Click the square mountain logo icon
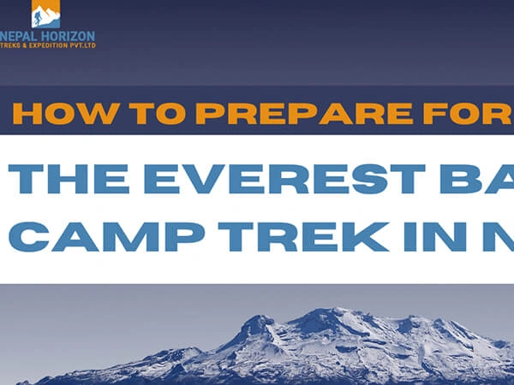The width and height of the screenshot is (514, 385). tap(45, 15)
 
